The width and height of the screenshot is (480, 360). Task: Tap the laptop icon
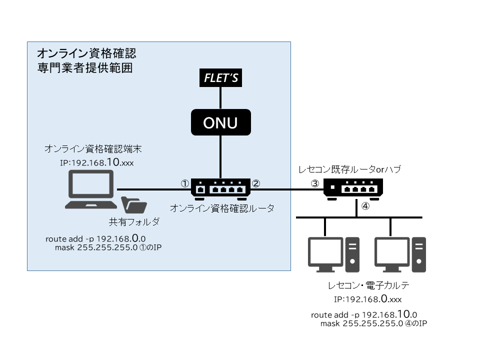pyautogui.click(x=90, y=189)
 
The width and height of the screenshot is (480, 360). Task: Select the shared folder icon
pyautogui.click(x=134, y=205)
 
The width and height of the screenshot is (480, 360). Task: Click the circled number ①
pyautogui.click(x=184, y=183)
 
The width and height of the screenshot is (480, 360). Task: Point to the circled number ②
pyautogui.click(x=256, y=183)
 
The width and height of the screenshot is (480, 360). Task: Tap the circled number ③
pyautogui.click(x=314, y=183)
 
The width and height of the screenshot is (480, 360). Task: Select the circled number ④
pyautogui.click(x=365, y=206)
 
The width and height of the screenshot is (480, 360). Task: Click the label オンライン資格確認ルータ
pyautogui.click(x=222, y=208)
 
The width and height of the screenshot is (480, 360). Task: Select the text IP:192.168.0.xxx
pyautogui.click(x=368, y=299)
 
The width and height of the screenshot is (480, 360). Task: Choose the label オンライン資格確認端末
pyautogui.click(x=89, y=149)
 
